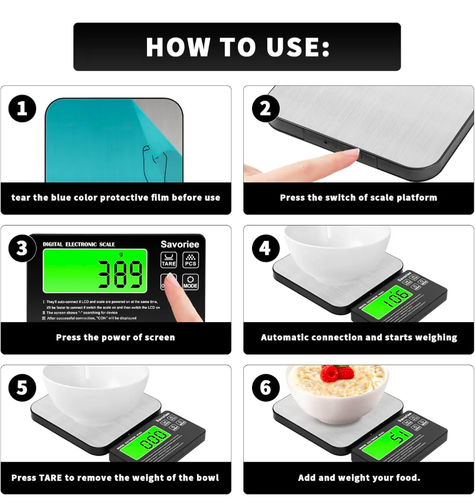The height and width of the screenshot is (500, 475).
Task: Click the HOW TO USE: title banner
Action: click(x=237, y=47)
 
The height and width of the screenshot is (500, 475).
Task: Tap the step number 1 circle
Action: click(x=22, y=109)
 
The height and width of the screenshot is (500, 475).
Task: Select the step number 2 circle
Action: click(x=265, y=109)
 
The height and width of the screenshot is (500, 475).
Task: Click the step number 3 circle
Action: click(x=22, y=248)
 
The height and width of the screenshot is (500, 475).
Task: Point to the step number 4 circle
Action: click(x=265, y=248)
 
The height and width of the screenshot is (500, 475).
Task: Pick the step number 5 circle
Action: click(x=22, y=388)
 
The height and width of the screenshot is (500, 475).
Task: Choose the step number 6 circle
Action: click(x=265, y=388)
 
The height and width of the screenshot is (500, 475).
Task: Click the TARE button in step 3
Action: click(x=168, y=260)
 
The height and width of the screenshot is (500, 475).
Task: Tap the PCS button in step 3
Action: click(x=190, y=260)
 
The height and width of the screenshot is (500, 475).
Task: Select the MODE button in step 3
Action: click(x=190, y=282)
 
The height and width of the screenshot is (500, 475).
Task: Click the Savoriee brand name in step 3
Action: click(x=179, y=244)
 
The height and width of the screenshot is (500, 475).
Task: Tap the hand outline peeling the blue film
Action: click(x=154, y=160)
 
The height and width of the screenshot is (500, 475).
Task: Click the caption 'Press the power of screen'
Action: click(x=115, y=337)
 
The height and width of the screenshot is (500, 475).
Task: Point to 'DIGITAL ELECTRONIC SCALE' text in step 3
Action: click(x=79, y=244)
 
